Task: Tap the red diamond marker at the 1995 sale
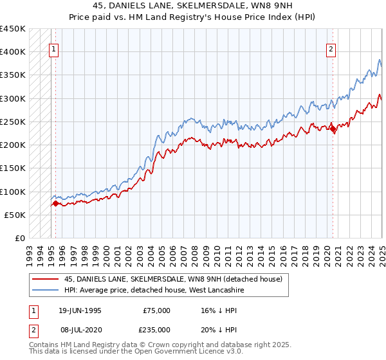pyautogui.click(x=55, y=204)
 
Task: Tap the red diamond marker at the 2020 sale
pyautogui.click(x=333, y=130)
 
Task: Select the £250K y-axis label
pyautogui.click(x=13, y=122)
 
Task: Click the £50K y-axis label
pyautogui.click(x=15, y=215)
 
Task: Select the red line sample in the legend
pyautogui.click(x=44, y=279)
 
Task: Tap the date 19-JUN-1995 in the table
pyautogui.click(x=80, y=310)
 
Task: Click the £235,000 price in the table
pyautogui.click(x=156, y=329)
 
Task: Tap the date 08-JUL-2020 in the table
pyautogui.click(x=80, y=329)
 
